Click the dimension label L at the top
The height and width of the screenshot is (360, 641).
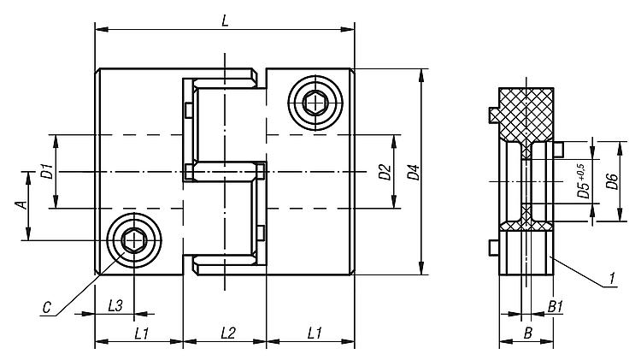pyautogui.click(x=225, y=21)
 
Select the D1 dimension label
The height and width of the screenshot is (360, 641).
pyautogui.click(x=47, y=171)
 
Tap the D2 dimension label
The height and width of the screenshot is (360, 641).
pyautogui.click(x=385, y=172)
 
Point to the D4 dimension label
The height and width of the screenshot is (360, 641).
pyautogui.click(x=414, y=172)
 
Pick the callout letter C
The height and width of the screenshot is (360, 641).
pyautogui.click(x=47, y=307)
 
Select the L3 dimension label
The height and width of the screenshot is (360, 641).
pyautogui.click(x=115, y=305)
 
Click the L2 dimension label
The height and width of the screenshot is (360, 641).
pyautogui.click(x=228, y=333)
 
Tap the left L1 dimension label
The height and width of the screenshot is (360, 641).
pyautogui.click(x=141, y=333)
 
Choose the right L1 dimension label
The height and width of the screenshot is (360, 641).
pyautogui.click(x=314, y=333)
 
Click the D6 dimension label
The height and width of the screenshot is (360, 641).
pyautogui.click(x=612, y=181)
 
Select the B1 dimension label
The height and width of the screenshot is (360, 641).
pyautogui.click(x=556, y=306)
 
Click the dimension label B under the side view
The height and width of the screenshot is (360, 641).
pyautogui.click(x=528, y=333)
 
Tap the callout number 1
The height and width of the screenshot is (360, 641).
pyautogui.click(x=612, y=279)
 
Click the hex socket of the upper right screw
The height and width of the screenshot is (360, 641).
pyautogui.click(x=315, y=103)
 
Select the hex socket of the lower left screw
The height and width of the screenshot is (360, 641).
pyautogui.click(x=133, y=239)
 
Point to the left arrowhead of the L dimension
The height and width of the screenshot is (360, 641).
pyautogui.click(x=102, y=29)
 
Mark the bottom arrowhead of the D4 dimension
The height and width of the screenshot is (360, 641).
pyautogui.click(x=421, y=268)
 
